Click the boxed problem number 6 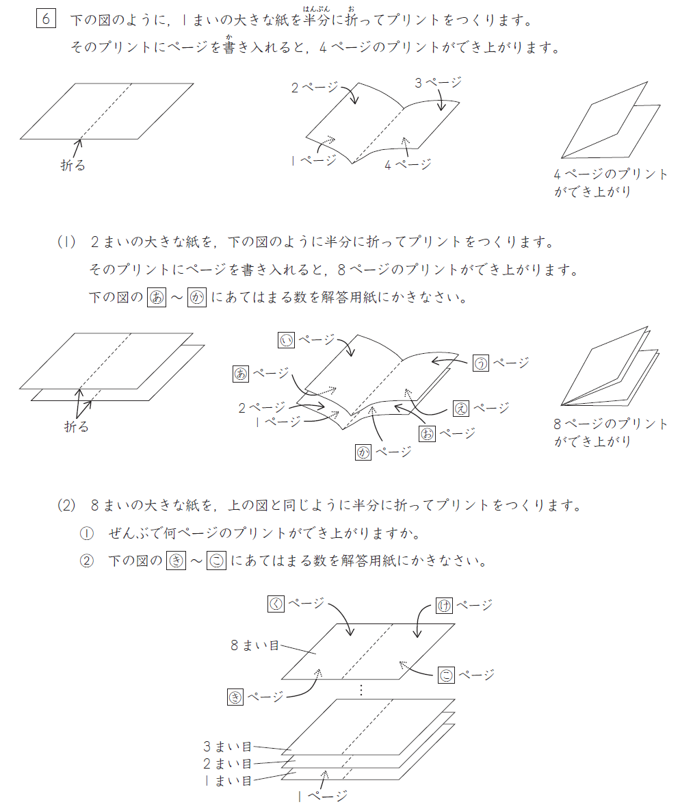[46, 18]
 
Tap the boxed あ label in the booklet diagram [241, 373]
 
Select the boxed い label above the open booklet [287, 339]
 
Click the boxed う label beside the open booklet [481, 363]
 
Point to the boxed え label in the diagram [462, 409]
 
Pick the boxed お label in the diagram [428, 433]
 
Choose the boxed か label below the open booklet [363, 452]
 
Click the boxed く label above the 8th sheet [276, 604]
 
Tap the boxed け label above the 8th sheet [444, 605]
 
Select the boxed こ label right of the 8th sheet [446, 675]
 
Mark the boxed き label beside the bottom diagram [235, 697]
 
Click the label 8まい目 [254, 645]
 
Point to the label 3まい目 [227, 747]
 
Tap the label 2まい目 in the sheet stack [227, 764]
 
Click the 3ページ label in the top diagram [438, 83]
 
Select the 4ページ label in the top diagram [408, 164]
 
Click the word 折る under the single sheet [73, 165]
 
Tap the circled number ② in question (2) [86, 561]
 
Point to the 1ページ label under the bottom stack [323, 795]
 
